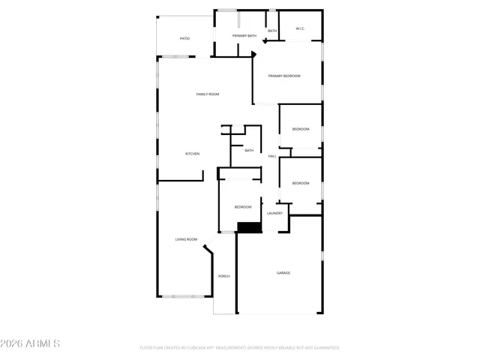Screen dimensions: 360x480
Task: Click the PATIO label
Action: [184, 38]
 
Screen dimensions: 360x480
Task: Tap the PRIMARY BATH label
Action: [244, 36]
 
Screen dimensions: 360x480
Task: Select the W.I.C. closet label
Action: [300, 29]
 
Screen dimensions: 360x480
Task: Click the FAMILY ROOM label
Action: [208, 94]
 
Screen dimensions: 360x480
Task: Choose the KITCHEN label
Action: [193, 154]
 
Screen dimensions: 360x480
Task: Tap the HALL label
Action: [272, 156]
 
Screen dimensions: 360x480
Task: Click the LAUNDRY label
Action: [274, 213]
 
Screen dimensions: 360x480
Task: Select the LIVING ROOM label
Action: [187, 239]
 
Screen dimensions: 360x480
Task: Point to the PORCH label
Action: [223, 276]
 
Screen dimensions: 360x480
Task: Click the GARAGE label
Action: [283, 272]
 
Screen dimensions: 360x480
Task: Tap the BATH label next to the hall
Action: [249, 150]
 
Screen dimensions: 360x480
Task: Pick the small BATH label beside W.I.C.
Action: [272, 31]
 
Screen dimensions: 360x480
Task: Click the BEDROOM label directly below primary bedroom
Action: [301, 129]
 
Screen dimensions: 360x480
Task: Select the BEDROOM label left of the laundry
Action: [243, 207]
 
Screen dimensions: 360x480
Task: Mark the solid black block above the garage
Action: [249, 227]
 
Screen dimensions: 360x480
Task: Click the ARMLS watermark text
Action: [31, 343]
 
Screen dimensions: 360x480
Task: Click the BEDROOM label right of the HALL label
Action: [301, 183]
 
